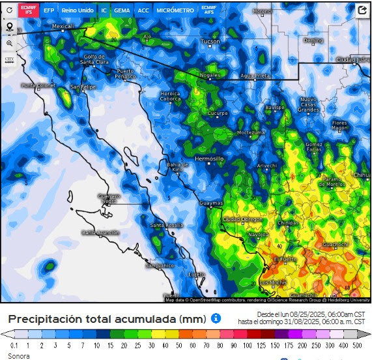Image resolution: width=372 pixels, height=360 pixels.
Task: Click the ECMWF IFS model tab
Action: (29, 10)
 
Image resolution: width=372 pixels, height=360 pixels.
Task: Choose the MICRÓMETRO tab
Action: (175, 10)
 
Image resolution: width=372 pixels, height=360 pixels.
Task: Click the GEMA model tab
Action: (121, 10)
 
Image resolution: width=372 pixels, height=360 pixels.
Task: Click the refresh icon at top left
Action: (9, 10)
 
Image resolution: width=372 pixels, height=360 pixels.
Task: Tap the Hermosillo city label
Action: (209, 158)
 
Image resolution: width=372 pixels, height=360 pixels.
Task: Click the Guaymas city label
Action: (210, 203)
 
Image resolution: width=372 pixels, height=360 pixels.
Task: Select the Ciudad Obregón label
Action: (243, 218)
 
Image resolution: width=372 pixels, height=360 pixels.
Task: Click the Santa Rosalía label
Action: (165, 226)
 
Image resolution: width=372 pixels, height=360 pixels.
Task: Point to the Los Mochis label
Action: (272, 282)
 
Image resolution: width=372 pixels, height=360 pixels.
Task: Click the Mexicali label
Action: (63, 27)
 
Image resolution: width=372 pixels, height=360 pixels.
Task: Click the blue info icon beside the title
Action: (216, 318)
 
